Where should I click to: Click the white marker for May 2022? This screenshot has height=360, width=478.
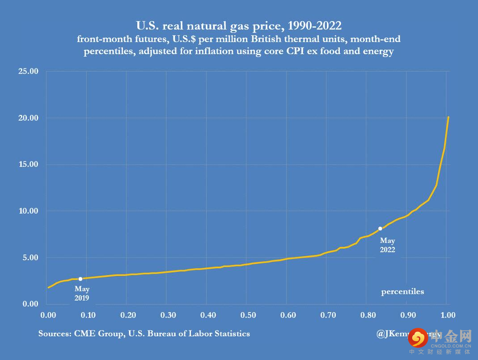click(380, 229)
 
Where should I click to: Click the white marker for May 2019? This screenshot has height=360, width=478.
click(80, 279)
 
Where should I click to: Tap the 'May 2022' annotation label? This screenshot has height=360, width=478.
click(388, 245)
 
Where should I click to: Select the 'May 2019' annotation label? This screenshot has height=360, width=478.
click(82, 294)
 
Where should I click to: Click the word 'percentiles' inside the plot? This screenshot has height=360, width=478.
click(402, 292)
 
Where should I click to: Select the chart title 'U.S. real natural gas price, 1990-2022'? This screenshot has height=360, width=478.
click(239, 25)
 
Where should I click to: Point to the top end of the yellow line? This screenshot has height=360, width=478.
click(448, 117)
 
